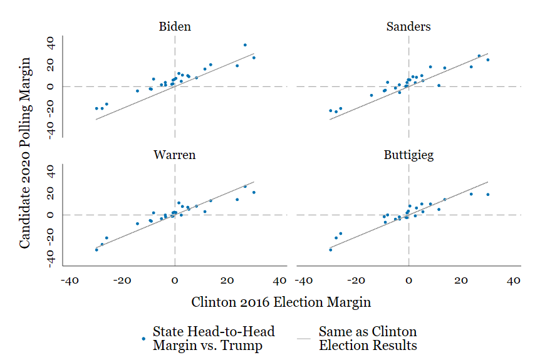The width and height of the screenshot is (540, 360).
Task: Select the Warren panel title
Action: coord(175,155)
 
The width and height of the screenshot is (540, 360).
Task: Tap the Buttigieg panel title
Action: coord(408,155)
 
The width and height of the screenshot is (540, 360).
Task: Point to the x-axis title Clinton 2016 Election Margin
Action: coord(281,302)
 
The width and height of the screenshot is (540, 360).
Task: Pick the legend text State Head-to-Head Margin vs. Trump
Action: coord(214,338)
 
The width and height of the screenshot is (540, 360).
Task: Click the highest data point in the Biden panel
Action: coord(245,45)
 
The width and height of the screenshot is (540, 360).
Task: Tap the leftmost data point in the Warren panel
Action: coord(96,249)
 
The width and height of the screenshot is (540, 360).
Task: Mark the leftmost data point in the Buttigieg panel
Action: coord(331,249)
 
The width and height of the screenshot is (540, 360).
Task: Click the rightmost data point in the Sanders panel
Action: coord(487,59)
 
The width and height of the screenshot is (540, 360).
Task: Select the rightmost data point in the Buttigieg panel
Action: coord(487,194)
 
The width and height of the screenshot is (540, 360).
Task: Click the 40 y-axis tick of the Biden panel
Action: coord(51,44)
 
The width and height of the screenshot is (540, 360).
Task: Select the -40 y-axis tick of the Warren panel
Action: coord(51,257)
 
